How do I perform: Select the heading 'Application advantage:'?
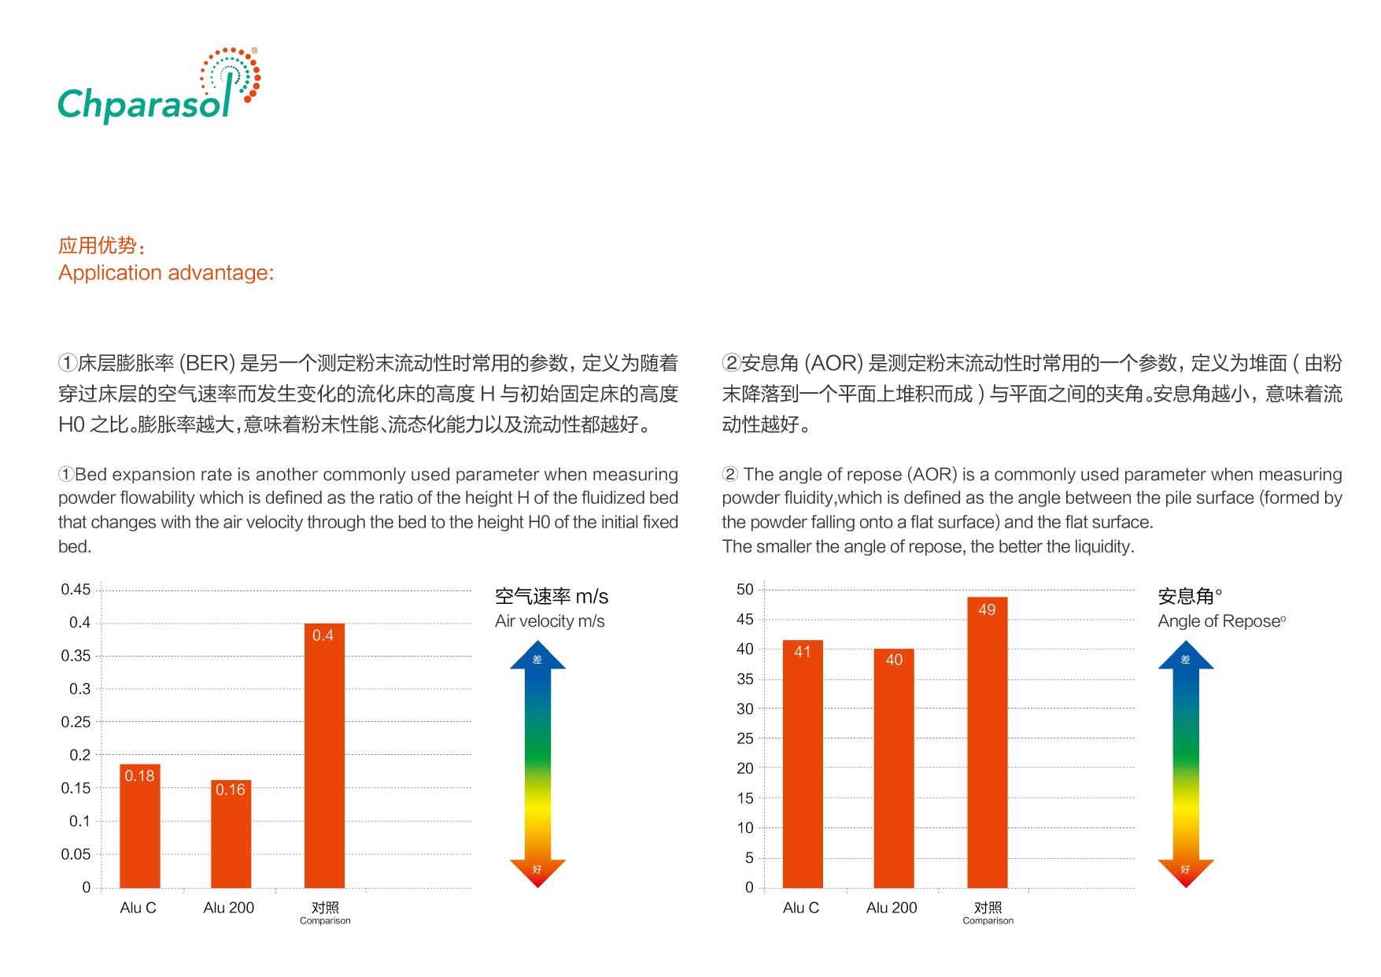click(x=166, y=272)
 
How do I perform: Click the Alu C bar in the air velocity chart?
click(x=139, y=826)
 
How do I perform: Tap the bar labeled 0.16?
click(x=231, y=834)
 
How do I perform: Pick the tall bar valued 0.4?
click(x=324, y=756)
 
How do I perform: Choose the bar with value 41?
click(x=802, y=764)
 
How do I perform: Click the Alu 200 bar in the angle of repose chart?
click(x=893, y=768)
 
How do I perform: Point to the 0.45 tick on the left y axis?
click(x=76, y=590)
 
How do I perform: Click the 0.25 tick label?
click(x=76, y=722)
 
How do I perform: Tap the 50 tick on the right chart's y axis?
click(x=744, y=590)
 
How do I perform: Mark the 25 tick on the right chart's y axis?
click(x=744, y=738)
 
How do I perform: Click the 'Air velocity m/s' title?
click(x=550, y=621)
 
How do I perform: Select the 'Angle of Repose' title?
click(x=1220, y=621)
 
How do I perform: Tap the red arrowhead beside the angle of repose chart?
click(x=1185, y=872)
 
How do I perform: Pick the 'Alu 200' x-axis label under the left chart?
click(x=229, y=908)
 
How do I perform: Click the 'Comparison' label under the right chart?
click(x=988, y=920)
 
